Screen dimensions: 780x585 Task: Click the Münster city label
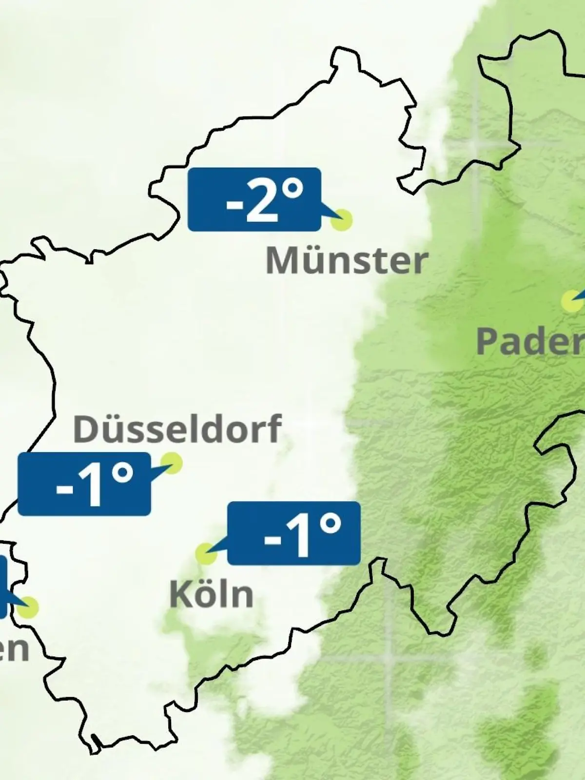(347, 261)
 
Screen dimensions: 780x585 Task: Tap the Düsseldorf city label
(177, 429)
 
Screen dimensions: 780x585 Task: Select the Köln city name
(212, 594)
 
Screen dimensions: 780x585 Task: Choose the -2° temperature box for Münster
(254, 199)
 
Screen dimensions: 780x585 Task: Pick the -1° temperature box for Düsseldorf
(84, 484)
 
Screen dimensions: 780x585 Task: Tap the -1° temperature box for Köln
(294, 533)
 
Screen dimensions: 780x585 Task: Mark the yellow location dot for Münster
(341, 220)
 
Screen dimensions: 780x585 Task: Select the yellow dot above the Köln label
(206, 554)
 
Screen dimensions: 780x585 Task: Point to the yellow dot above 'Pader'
(571, 301)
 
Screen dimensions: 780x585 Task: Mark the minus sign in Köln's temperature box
(272, 540)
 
